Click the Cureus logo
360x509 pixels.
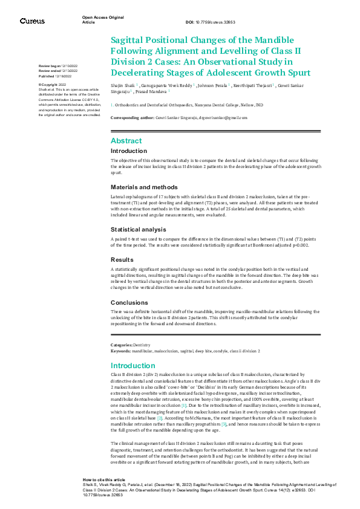(x=32, y=21)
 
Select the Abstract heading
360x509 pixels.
(x=126, y=141)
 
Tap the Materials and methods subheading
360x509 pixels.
(x=144, y=187)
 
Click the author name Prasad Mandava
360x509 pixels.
(x=151, y=92)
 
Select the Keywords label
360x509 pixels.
(x=120, y=351)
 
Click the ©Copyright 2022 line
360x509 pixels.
(x=53, y=85)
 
